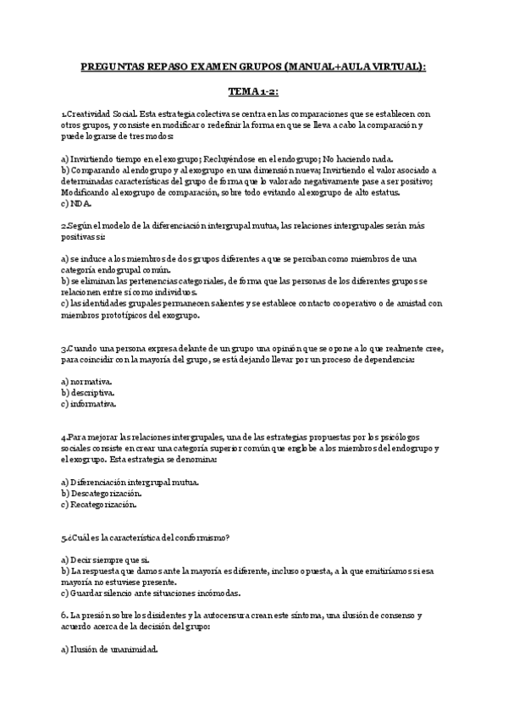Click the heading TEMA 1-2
[x=253, y=91]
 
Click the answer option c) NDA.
[x=77, y=203]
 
